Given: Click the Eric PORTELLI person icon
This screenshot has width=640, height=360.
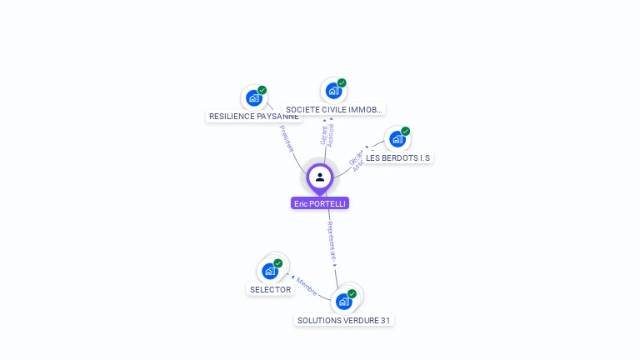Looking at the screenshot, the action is point(320,177).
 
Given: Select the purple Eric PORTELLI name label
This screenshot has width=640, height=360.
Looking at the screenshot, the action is point(320,203).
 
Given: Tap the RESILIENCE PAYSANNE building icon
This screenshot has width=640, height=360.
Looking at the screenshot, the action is point(254,98).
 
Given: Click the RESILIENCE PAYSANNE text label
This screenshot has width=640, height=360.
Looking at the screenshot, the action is point(254,117).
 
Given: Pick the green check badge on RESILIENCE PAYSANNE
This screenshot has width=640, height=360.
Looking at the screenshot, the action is point(262,90).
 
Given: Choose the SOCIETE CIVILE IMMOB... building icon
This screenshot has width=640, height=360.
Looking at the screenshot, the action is point(333,91).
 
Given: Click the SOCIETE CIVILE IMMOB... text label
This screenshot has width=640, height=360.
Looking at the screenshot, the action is point(333,109).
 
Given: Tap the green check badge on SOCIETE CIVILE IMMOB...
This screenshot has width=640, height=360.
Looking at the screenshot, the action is point(342,83).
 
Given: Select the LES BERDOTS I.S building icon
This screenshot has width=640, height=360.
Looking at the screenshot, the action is point(397,139).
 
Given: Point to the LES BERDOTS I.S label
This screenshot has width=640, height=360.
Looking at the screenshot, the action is point(399,157).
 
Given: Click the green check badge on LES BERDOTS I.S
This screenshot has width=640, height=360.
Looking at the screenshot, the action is point(406,132).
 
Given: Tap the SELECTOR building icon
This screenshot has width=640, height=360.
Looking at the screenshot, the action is point(270,271).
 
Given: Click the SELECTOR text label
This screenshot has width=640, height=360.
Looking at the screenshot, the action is point(271,290).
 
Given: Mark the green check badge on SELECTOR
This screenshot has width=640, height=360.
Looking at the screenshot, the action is point(278,263).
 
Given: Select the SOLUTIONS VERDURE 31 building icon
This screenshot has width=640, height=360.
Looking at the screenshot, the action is point(344,301).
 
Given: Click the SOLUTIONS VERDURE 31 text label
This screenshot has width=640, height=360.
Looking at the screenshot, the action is point(344,320).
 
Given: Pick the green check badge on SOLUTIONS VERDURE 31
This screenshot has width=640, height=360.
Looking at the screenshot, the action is point(352,294).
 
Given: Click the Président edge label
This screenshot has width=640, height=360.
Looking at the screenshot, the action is point(286,137).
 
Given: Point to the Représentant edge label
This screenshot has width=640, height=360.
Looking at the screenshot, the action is point(332,242).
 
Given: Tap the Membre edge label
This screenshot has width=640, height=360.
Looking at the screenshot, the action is point(306,287).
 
